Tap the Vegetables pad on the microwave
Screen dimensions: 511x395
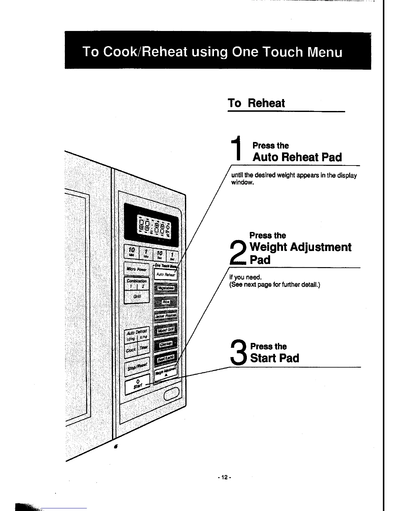(166, 287)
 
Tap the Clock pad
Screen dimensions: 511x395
(131, 350)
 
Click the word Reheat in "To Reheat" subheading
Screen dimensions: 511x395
(266, 103)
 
